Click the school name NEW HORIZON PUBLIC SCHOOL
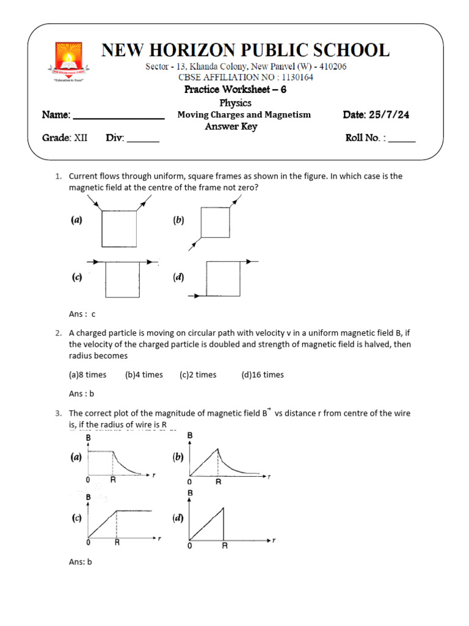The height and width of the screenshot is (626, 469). coord(245,50)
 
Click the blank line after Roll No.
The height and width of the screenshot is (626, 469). coord(402,140)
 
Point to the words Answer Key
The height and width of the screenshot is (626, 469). coord(231,127)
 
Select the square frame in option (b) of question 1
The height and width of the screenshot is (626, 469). coord(216,222)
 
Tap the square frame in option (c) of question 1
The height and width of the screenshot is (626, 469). coord(123,279)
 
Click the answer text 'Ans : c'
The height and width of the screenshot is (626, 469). coord(82,314)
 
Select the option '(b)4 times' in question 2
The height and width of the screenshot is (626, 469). coord(144,375)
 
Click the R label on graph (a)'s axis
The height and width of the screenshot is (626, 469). coord(113,480)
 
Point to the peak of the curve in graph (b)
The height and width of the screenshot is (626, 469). coord(218,449)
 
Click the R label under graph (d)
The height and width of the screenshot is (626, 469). coord(224,546)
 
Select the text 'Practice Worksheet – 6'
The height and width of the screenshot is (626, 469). coord(235,90)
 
